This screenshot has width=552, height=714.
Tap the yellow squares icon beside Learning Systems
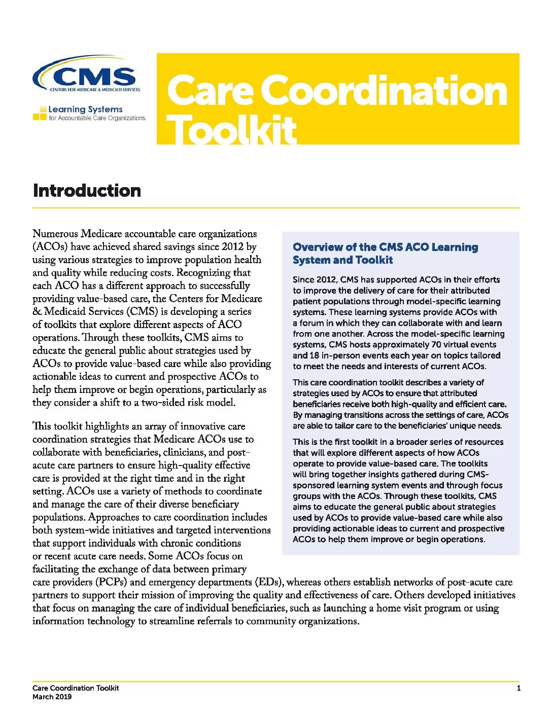pyautogui.click(x=40, y=113)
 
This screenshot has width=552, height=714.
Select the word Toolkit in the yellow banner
pyautogui.click(x=231, y=130)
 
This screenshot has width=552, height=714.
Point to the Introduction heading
pyautogui.click(x=87, y=191)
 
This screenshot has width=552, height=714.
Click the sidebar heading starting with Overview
pyautogui.click(x=385, y=253)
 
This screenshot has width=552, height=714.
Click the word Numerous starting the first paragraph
pyautogui.click(x=55, y=234)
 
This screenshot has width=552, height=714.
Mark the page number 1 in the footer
pyautogui.click(x=519, y=688)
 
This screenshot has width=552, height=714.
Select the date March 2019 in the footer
pyautogui.click(x=52, y=697)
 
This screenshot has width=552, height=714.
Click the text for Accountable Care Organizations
pyautogui.click(x=97, y=118)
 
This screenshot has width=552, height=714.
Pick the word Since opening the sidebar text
pyautogui.click(x=303, y=280)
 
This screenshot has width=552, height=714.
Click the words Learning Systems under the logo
pyautogui.click(x=85, y=109)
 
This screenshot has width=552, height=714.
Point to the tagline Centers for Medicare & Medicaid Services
pyautogui.click(x=95, y=90)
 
